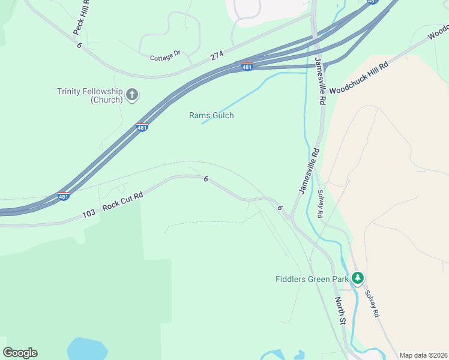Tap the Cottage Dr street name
pyautogui.click(x=165, y=56)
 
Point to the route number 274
pyautogui.click(x=217, y=56)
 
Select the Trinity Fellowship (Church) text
pyautogui.click(x=89, y=95)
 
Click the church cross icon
pyautogui.click(x=133, y=94)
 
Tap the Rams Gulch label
pyautogui.click(x=211, y=115)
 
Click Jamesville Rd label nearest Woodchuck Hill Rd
pyautogui.click(x=320, y=82)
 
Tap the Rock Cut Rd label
pyautogui.click(x=122, y=201)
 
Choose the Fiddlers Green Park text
pyautogui.click(x=312, y=278)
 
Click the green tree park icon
pyautogui.click(x=358, y=278)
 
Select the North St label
pyautogui.click(x=340, y=310)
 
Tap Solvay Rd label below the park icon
pyautogui.click(x=372, y=304)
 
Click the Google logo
pyautogui.click(x=20, y=353)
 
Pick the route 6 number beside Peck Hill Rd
pyautogui.click(x=79, y=45)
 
